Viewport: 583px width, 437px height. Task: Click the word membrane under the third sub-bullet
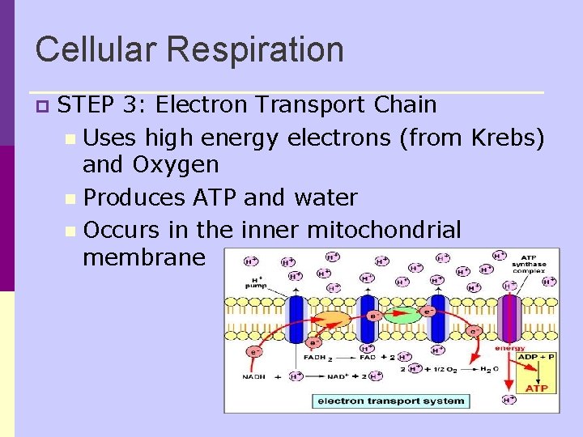click(x=144, y=257)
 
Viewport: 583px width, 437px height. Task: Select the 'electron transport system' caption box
click(x=391, y=400)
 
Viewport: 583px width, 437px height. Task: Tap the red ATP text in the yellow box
click(x=536, y=388)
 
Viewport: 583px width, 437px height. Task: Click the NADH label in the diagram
click(x=256, y=376)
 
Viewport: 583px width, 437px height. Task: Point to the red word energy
click(x=509, y=348)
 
